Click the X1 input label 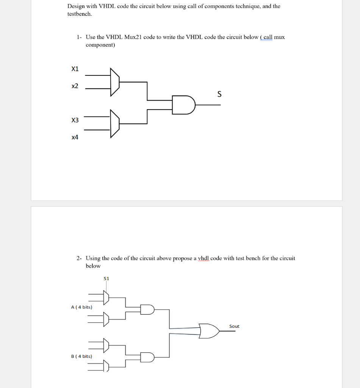click(x=75, y=69)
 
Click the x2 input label click(x=75, y=86)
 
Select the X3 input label click(x=75, y=120)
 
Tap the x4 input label click(x=75, y=137)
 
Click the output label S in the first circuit click(x=219, y=94)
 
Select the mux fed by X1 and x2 click(x=114, y=82)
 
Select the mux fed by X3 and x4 click(x=114, y=124)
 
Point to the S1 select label click(x=106, y=278)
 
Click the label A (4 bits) click(x=81, y=307)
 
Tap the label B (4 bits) click(x=81, y=356)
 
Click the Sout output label click(x=234, y=326)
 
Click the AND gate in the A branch click(x=147, y=310)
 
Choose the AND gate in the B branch click(x=147, y=357)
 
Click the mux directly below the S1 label click(x=106, y=297)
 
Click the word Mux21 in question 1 click(x=135, y=37)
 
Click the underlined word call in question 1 click(x=268, y=37)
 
